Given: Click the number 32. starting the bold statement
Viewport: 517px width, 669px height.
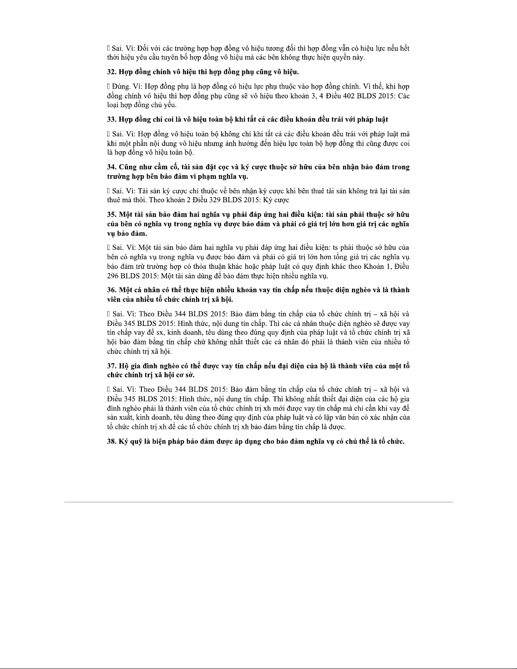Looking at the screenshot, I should pos(111,72).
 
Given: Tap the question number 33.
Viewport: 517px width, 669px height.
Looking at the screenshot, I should pos(111,119).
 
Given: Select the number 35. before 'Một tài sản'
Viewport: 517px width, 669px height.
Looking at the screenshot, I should pos(111,214).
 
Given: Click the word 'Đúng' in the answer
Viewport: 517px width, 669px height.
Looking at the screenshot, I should pos(121,87).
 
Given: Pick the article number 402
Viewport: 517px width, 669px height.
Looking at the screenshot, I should pos(355,96).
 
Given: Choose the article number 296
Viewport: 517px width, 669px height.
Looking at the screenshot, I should pos(113,276).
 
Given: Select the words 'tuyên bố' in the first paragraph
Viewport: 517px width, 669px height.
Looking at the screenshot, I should pos(173,58).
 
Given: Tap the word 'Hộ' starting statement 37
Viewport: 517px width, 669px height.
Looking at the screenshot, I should pos(124,366).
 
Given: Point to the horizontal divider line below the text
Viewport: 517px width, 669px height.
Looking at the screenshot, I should pos(258,502).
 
